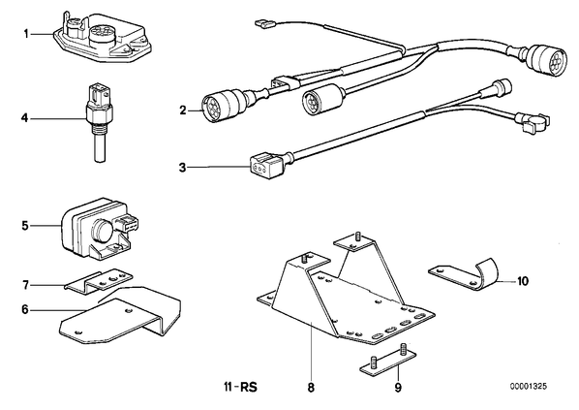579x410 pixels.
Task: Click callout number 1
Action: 26,34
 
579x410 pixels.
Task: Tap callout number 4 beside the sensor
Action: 25,118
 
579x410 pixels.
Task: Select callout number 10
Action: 523,281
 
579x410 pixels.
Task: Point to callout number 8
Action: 311,388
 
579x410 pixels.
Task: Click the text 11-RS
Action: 240,388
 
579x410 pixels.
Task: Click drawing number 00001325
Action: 529,387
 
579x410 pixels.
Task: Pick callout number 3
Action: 183,168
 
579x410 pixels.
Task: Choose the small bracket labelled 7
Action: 98,280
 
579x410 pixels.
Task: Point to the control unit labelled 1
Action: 103,37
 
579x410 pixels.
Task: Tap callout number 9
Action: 398,388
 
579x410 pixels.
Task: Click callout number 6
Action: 25,309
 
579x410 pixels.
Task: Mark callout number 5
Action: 25,225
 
